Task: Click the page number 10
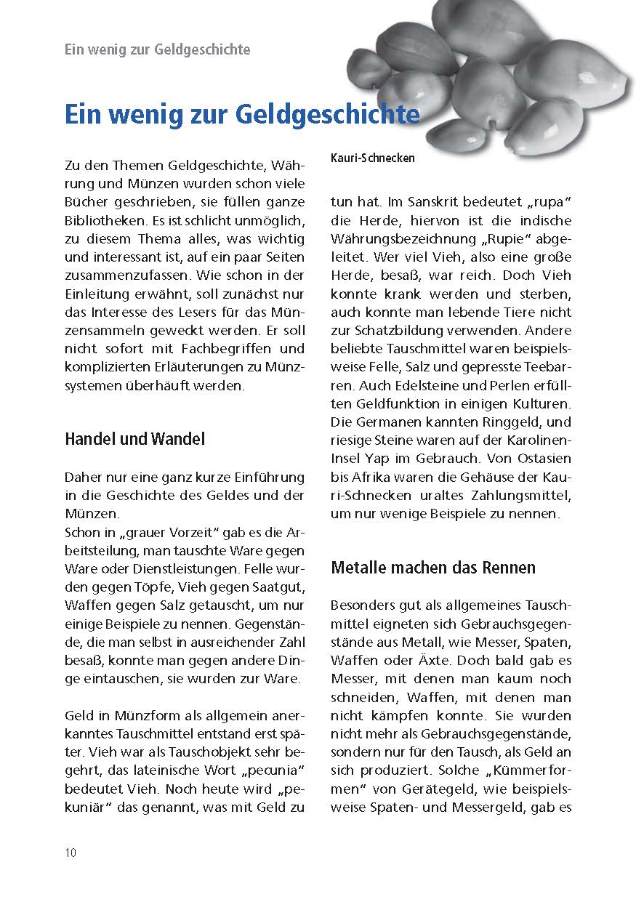coord(71,853)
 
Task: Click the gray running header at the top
coord(158,49)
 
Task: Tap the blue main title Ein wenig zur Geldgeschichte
coord(242,116)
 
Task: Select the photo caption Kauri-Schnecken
coord(373,158)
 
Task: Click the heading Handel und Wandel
coord(135,439)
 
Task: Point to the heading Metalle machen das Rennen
coord(433,567)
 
